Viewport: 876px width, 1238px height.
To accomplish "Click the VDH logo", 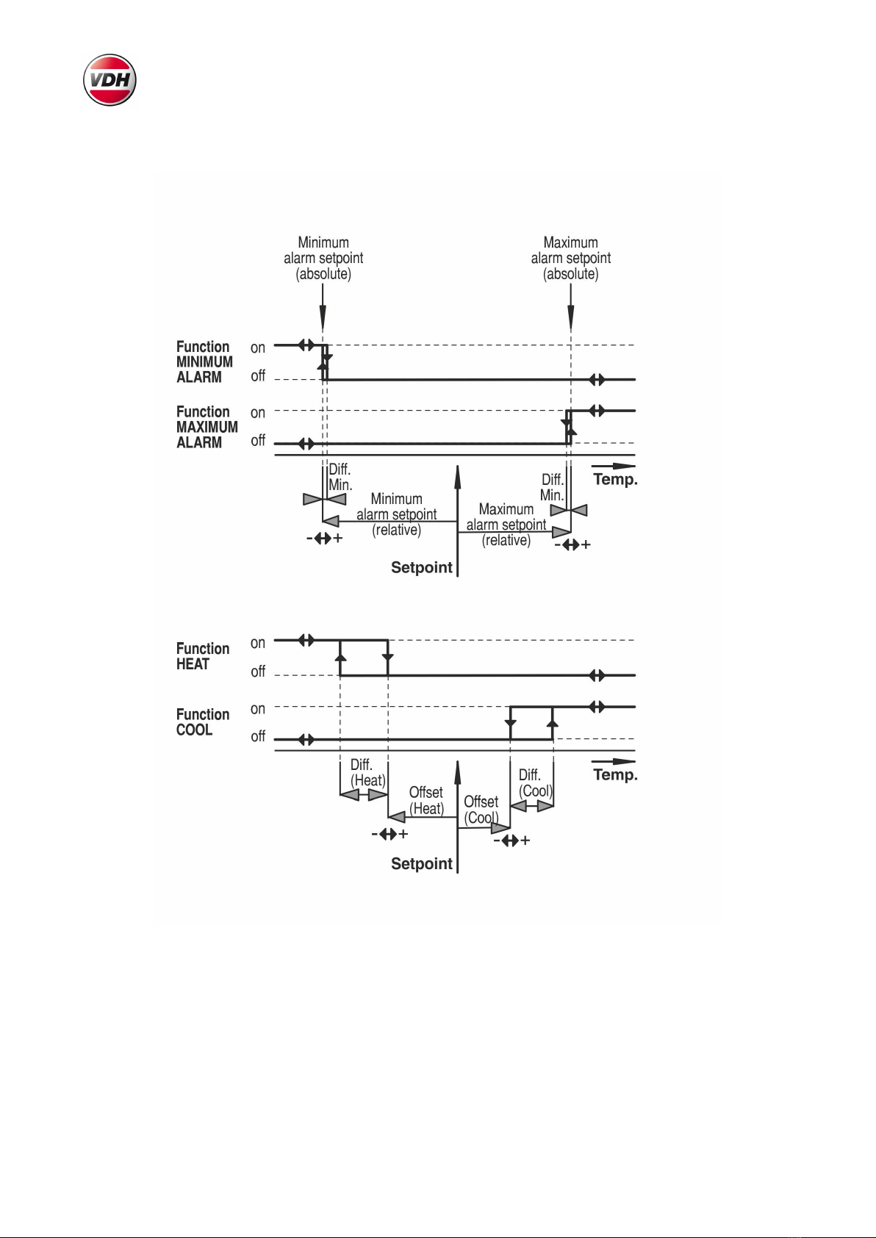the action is point(109,79).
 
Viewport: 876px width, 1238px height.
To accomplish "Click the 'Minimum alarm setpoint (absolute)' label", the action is point(323,258).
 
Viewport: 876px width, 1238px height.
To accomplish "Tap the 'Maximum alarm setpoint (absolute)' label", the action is point(571,258).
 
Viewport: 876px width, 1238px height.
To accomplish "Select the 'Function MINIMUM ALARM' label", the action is point(204,362).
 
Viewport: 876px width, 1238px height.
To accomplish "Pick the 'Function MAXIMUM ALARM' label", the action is point(207,427).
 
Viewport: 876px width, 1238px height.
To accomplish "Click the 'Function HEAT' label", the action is point(202,656).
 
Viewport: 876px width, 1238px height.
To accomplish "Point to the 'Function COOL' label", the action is point(202,721).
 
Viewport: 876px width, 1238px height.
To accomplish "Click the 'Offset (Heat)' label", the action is point(426,800).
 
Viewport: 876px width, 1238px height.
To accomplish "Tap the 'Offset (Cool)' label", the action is point(481,810).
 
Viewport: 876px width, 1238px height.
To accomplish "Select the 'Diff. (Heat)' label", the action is point(367,773).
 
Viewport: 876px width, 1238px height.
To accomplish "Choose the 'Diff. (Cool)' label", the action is point(535,782).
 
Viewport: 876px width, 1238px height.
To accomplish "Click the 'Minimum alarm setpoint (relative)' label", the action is point(396,514).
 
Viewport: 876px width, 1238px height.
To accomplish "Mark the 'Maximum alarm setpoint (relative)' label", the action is point(506,525).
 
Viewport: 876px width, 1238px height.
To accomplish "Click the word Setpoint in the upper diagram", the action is point(422,568).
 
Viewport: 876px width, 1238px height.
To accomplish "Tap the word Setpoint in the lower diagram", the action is point(422,864).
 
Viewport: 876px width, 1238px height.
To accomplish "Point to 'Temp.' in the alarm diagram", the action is point(615,479).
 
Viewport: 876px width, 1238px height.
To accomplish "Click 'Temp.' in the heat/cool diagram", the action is point(615,775).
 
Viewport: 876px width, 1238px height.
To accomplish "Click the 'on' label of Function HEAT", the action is point(257,644).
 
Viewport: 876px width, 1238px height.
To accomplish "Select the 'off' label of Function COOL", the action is point(258,736).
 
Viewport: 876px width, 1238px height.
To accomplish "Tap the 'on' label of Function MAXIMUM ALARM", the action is point(257,413).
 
